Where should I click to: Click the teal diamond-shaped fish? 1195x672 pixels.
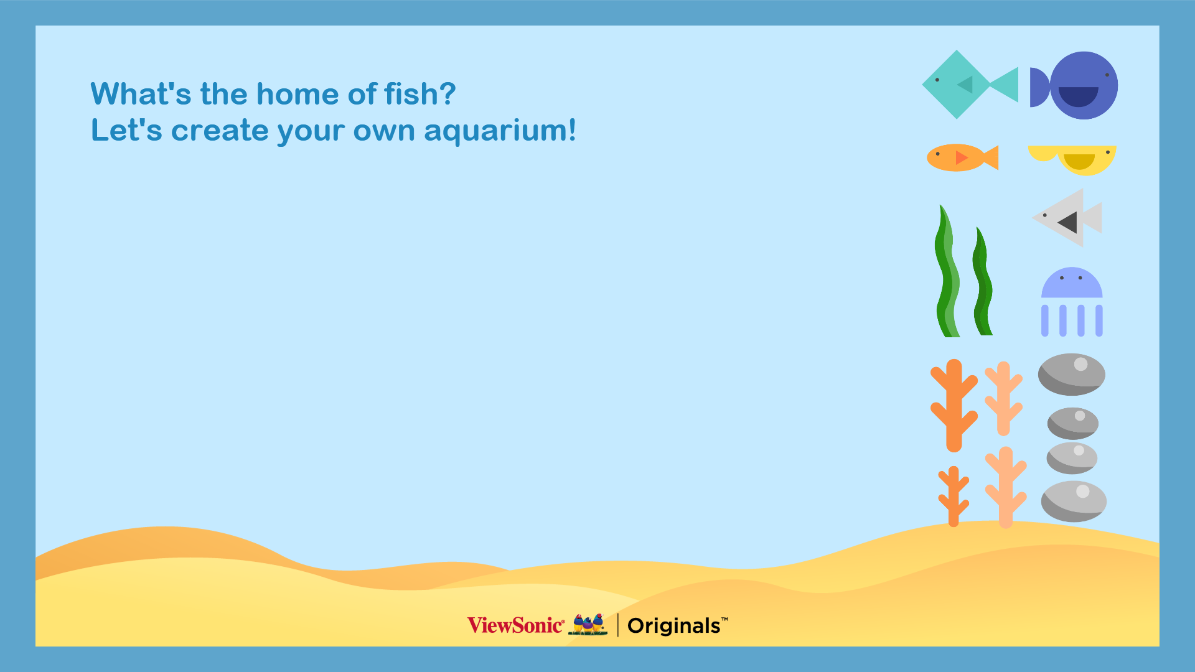tap(970, 85)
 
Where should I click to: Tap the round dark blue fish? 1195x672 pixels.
tap(1074, 85)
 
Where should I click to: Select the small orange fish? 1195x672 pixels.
tap(962, 157)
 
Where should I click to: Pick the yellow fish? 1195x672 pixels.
tap(1072, 159)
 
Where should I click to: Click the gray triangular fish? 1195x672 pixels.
tap(1067, 218)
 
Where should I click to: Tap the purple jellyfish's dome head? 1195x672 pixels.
tap(1072, 283)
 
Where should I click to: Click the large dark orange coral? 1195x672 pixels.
tap(954, 404)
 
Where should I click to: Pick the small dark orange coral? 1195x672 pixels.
tap(954, 497)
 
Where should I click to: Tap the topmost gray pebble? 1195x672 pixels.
tap(1072, 375)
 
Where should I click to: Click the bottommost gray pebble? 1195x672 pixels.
tap(1074, 502)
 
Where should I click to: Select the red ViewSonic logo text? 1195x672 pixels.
tap(516, 625)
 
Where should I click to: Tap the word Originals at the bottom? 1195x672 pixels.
tap(674, 626)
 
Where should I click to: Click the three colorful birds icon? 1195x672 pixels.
tap(588, 624)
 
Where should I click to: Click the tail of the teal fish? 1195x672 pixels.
tap(1004, 85)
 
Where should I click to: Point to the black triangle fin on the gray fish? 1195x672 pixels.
tap(1068, 222)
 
